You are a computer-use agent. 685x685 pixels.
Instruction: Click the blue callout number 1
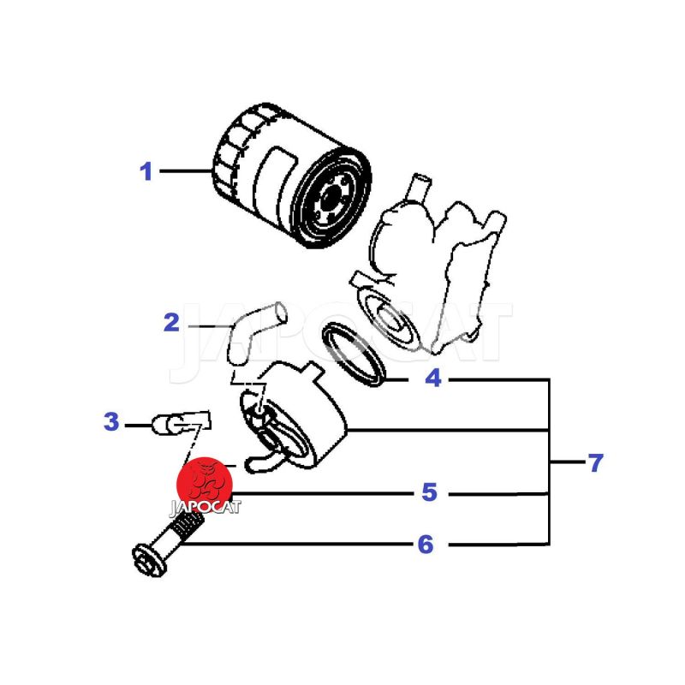pos(146,171)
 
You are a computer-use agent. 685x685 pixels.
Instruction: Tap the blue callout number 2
pos(171,323)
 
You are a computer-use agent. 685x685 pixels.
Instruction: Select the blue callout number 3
pos(111,421)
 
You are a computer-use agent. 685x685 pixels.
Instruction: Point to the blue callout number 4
pos(433,378)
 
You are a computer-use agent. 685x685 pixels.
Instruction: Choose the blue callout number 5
pos(430,491)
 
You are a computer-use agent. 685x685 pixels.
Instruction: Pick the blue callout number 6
pos(426,545)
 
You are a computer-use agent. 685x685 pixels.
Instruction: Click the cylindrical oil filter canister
pos(291,176)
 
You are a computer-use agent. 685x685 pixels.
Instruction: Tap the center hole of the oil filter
pos(331,196)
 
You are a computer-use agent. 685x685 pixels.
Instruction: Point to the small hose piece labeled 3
pos(181,422)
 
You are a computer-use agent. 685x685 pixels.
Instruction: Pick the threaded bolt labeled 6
pos(168,543)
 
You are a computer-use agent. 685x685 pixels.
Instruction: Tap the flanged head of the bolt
pos(149,561)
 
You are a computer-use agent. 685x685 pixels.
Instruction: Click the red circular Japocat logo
pos(205,485)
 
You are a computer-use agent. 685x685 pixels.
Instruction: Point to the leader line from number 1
pos(186,170)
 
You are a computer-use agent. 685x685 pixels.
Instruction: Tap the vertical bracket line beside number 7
pos(549,462)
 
